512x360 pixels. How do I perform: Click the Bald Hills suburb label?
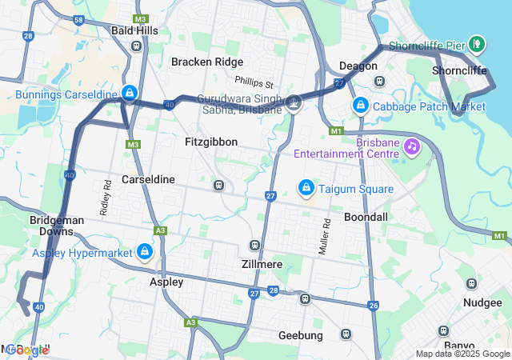point(134,30)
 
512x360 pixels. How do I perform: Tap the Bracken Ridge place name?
point(206,62)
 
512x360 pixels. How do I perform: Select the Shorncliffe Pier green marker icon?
point(477,42)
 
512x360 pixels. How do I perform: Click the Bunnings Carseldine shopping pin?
point(129,94)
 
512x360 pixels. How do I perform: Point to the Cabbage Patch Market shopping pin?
point(361,105)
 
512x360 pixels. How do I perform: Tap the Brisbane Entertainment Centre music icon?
point(412,146)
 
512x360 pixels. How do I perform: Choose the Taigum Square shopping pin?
point(305,187)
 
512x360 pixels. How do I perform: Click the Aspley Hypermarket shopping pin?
point(145,252)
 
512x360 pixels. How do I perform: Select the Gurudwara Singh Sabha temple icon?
point(294,102)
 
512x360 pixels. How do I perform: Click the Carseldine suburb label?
point(148,179)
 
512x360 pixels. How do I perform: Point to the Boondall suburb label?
point(366,217)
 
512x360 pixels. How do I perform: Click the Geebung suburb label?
point(300,335)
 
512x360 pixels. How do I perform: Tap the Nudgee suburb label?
point(482,302)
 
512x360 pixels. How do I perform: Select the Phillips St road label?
point(254,82)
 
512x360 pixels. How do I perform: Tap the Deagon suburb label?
point(358,66)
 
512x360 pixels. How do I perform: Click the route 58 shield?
point(78,19)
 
